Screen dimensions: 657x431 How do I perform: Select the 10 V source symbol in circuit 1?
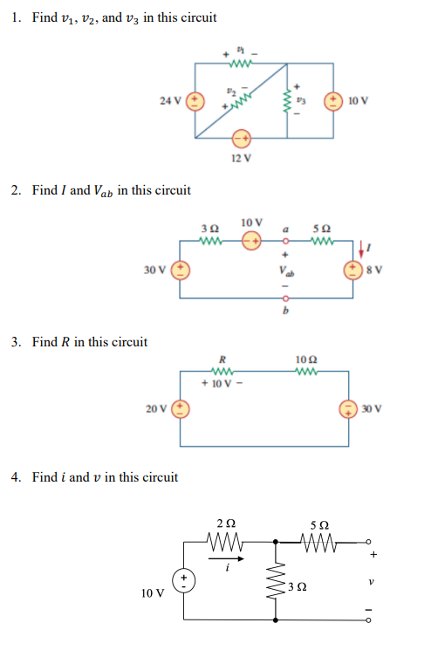[333, 100]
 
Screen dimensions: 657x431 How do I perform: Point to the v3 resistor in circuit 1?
[288, 100]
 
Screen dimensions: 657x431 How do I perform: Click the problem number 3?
[17, 342]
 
